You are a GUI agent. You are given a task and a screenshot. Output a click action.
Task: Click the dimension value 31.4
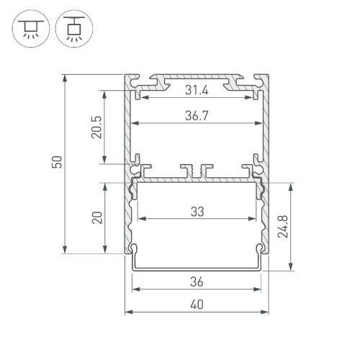tap(197, 90)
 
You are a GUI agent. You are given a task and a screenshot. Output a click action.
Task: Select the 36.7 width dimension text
tap(197, 114)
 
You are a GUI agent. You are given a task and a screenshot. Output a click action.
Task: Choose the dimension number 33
tap(197, 212)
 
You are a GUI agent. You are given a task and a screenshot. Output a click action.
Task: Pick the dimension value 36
tap(197, 281)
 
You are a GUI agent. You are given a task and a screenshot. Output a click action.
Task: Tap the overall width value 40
tap(197, 305)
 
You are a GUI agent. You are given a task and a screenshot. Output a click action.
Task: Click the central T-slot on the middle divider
tap(197, 169)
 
